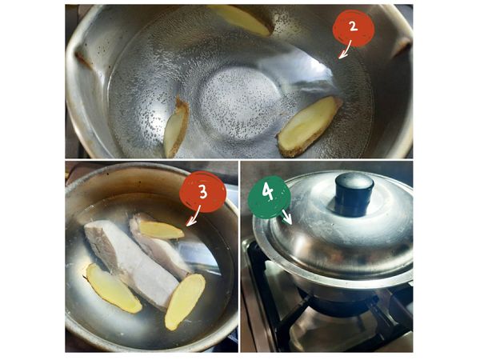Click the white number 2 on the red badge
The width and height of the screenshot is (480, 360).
pyautogui.click(x=354, y=26)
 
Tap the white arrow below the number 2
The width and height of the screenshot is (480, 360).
pyautogui.click(x=346, y=50)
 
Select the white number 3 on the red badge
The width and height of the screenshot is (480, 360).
pyautogui.click(x=203, y=192)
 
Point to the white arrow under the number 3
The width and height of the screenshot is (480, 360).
pyautogui.click(x=193, y=217)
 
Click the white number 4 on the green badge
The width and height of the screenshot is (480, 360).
pyautogui.click(x=268, y=193)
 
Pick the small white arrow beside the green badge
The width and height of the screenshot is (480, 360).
pyautogui.click(x=287, y=216)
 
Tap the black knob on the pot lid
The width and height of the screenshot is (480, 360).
pyautogui.click(x=354, y=194)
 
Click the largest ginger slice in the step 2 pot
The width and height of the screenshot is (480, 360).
pyautogui.click(x=309, y=126)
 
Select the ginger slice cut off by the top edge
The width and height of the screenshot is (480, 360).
pyautogui.click(x=240, y=19)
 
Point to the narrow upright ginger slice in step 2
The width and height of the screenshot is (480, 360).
pyautogui.click(x=176, y=128)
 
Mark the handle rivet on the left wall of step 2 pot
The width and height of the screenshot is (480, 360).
pyautogui.click(x=83, y=60)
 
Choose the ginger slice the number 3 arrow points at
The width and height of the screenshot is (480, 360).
pyautogui.click(x=162, y=230)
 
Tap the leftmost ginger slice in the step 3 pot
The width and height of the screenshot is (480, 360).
pyautogui.click(x=113, y=288)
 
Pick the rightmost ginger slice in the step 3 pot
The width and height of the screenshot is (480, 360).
pyautogui.click(x=185, y=302)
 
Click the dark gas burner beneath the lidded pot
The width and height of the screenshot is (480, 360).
pyautogui.click(x=337, y=304)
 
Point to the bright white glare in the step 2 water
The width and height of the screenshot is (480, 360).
pyautogui.click(x=309, y=77)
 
